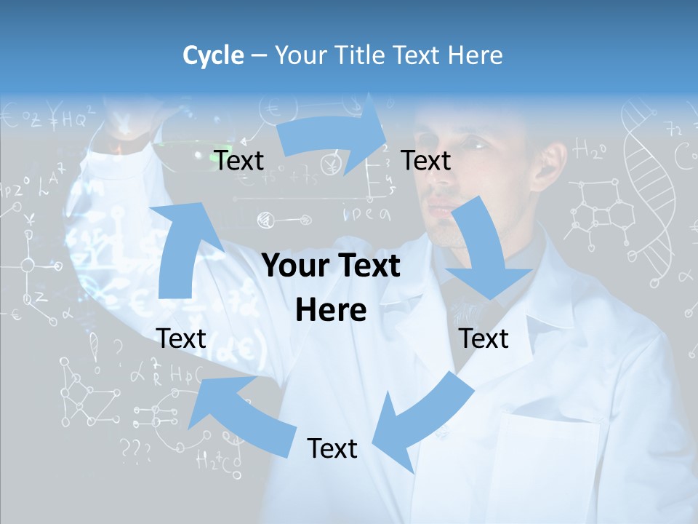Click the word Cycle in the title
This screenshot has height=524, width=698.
click(213, 55)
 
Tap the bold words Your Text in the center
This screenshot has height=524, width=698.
click(331, 266)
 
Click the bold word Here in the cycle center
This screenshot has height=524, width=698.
click(331, 310)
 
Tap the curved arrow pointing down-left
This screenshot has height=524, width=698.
click(421, 421)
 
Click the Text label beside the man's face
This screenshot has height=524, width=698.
click(426, 160)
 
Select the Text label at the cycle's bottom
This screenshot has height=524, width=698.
click(332, 448)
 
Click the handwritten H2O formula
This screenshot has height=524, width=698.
click(590, 151)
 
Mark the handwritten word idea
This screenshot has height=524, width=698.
click(368, 214)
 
